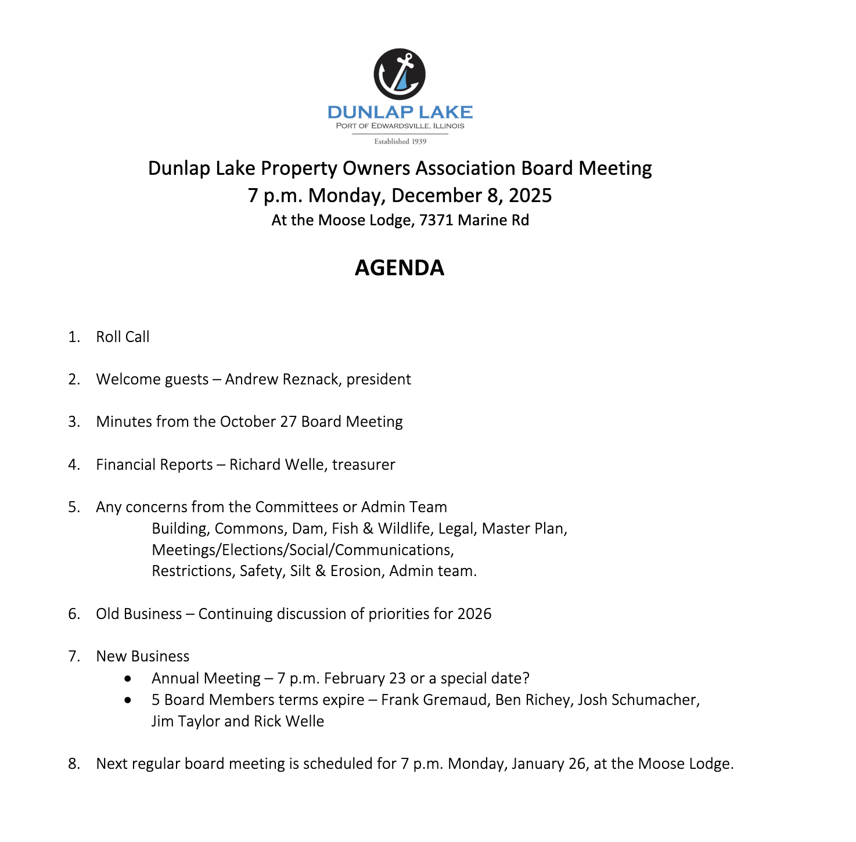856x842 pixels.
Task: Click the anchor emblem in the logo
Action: pos(400,74)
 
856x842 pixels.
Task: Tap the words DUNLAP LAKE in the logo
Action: pos(400,112)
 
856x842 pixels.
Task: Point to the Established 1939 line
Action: pos(400,141)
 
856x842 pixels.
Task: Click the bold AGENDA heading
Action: pos(400,268)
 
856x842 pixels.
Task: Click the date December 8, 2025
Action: pos(472,195)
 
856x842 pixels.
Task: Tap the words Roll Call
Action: pos(123,337)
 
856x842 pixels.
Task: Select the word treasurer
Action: pos(364,465)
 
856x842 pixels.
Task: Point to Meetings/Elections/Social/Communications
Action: pos(303,550)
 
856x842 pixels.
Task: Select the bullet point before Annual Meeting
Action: pos(128,678)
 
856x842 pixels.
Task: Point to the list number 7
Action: pos(74,656)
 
